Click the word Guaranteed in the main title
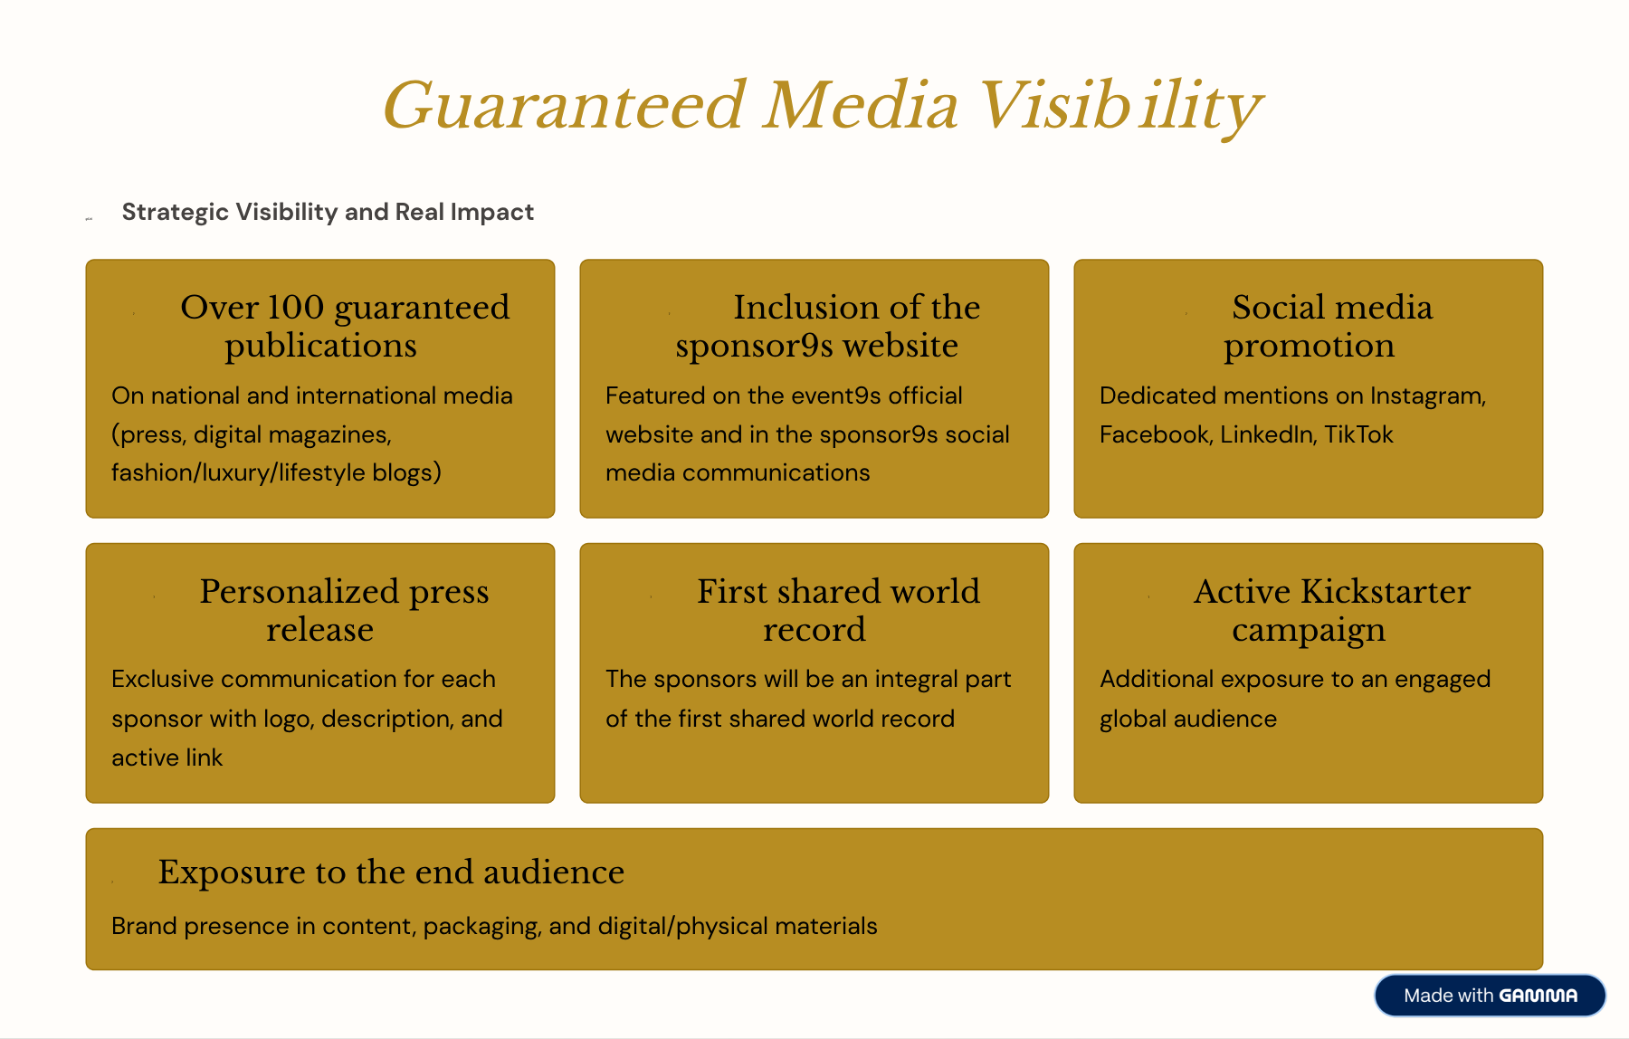tap(565, 106)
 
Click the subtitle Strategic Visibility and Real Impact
tap(328, 212)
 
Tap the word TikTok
tap(1358, 434)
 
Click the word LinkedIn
tap(1268, 434)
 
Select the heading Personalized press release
tap(344, 610)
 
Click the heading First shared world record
tap(838, 610)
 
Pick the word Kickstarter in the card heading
tap(1386, 592)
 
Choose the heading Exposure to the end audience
tap(391, 872)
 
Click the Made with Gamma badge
tap(1490, 996)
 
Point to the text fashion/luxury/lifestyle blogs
tap(276, 473)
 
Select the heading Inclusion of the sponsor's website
tap(827, 327)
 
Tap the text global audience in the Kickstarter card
tap(1188, 720)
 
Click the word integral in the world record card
tap(914, 680)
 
